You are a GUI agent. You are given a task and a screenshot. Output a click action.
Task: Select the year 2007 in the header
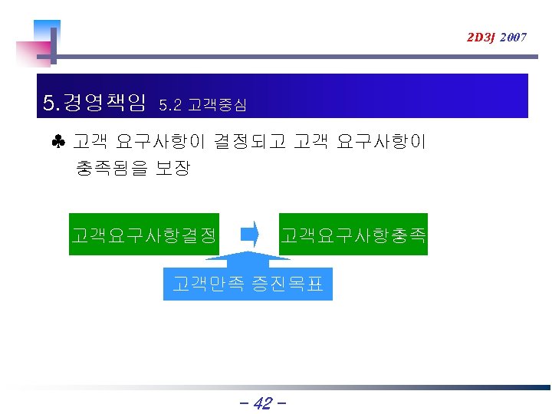512,37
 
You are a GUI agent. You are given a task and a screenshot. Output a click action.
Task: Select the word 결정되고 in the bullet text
249,143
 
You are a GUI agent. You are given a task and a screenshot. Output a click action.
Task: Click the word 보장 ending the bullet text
172,167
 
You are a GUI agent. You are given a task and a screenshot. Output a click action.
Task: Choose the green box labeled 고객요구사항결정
143,234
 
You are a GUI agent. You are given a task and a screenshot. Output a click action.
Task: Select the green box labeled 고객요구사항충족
353,234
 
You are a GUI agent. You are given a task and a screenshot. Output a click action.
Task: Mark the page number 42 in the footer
262,403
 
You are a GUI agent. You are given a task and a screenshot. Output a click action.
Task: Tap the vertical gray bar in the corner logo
53,46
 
